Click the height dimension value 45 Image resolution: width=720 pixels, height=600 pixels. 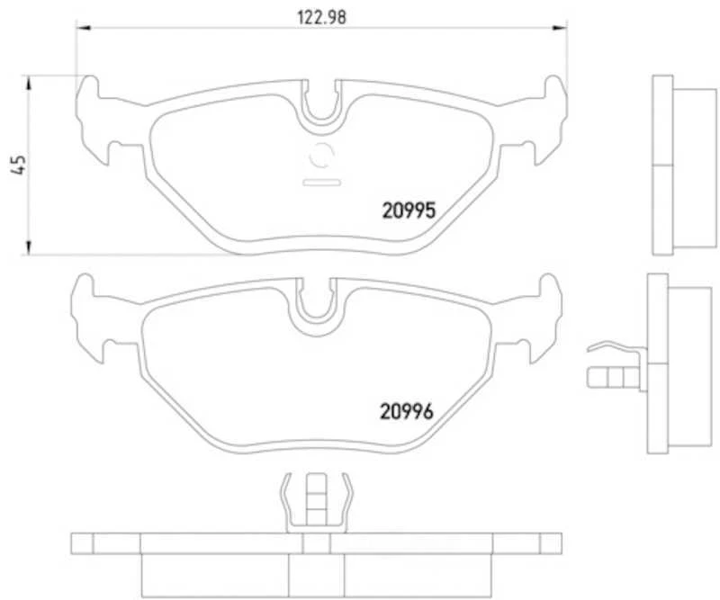click(15, 164)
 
